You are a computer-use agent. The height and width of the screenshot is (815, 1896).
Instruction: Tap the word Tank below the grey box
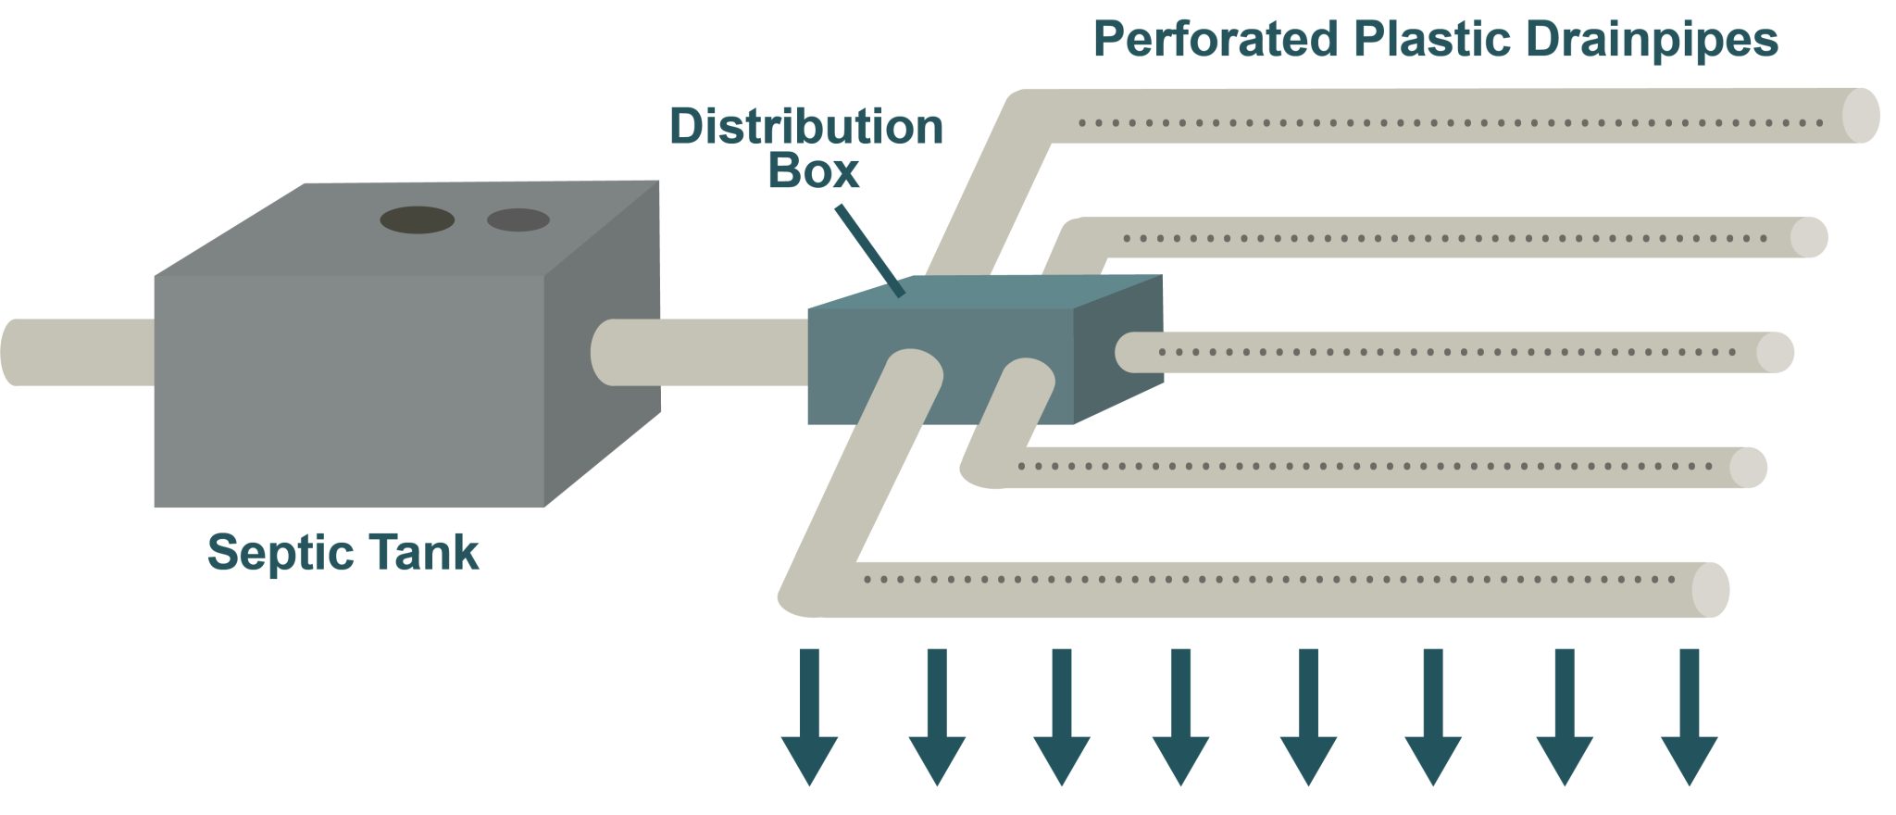[x=424, y=553]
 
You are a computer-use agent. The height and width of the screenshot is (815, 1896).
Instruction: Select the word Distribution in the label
[x=805, y=127]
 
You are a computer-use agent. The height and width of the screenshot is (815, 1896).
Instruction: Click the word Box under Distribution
[x=813, y=171]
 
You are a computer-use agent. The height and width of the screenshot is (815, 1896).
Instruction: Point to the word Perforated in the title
[x=1216, y=40]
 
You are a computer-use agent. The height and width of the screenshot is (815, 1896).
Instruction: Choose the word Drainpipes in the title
[x=1652, y=40]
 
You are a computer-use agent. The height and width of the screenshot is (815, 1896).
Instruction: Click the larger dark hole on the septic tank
[x=417, y=219]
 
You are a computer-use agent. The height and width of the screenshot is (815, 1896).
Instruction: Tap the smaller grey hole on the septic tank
[x=518, y=219]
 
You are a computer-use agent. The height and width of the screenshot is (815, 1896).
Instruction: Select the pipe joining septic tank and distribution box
[x=704, y=352]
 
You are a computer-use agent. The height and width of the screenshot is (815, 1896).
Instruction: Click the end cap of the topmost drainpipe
[x=1861, y=116]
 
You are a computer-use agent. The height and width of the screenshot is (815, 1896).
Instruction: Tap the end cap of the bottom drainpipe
[x=1710, y=590]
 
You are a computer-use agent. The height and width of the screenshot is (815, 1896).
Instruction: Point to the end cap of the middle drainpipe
[x=1775, y=353]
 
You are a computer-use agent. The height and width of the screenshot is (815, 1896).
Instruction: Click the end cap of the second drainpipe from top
[x=1808, y=237]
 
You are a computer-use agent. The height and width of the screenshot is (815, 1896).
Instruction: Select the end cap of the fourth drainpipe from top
[x=1748, y=468]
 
